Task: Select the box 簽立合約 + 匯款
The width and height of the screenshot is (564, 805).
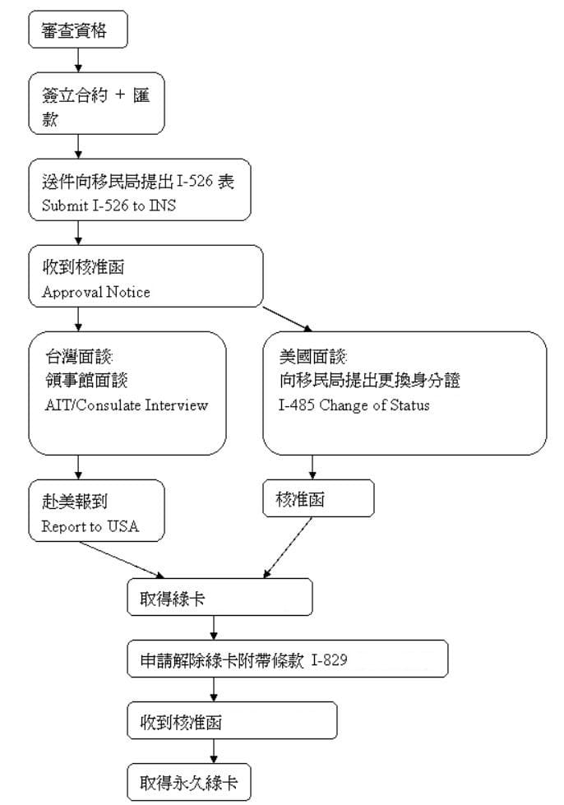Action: [x=97, y=104]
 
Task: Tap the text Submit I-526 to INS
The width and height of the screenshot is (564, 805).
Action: [x=109, y=206]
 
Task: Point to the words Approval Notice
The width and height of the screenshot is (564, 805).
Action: [x=96, y=292]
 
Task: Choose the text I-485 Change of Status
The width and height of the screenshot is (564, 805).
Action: [x=354, y=405]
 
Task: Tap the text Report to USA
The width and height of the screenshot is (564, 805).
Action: [x=90, y=526]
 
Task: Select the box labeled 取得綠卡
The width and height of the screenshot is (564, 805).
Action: [x=220, y=597]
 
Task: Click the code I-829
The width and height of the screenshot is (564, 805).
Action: [x=330, y=659]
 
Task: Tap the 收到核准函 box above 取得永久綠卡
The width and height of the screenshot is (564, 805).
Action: [x=233, y=721]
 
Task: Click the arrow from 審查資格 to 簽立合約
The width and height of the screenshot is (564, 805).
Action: [x=79, y=60]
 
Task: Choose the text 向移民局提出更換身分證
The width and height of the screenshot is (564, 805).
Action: [x=368, y=380]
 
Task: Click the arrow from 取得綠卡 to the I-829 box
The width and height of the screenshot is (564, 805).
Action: [x=214, y=627]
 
